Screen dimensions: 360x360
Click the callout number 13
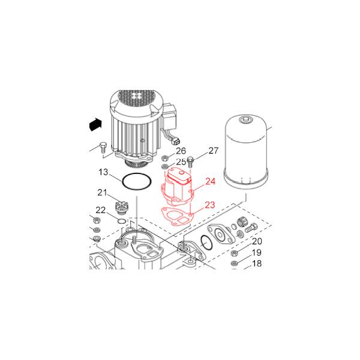pos(103,172)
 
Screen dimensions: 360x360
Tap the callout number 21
pos(102,193)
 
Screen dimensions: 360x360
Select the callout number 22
pos(101,210)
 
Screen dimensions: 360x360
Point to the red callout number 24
pos(211,181)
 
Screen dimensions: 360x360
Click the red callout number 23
pos(210,205)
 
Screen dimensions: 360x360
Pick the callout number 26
pos(181,151)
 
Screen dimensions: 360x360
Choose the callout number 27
pos(214,151)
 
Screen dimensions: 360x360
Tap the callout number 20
pos(257,241)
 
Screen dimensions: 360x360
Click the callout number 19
pos(257,253)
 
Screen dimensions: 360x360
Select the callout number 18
pos(257,263)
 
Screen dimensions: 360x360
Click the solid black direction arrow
pos(95,124)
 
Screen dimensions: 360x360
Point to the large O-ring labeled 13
pos(122,181)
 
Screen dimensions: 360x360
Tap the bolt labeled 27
pos(190,162)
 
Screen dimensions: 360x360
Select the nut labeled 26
pos(164,158)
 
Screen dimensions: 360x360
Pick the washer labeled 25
pos(164,166)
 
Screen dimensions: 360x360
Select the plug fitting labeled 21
pos(121,208)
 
